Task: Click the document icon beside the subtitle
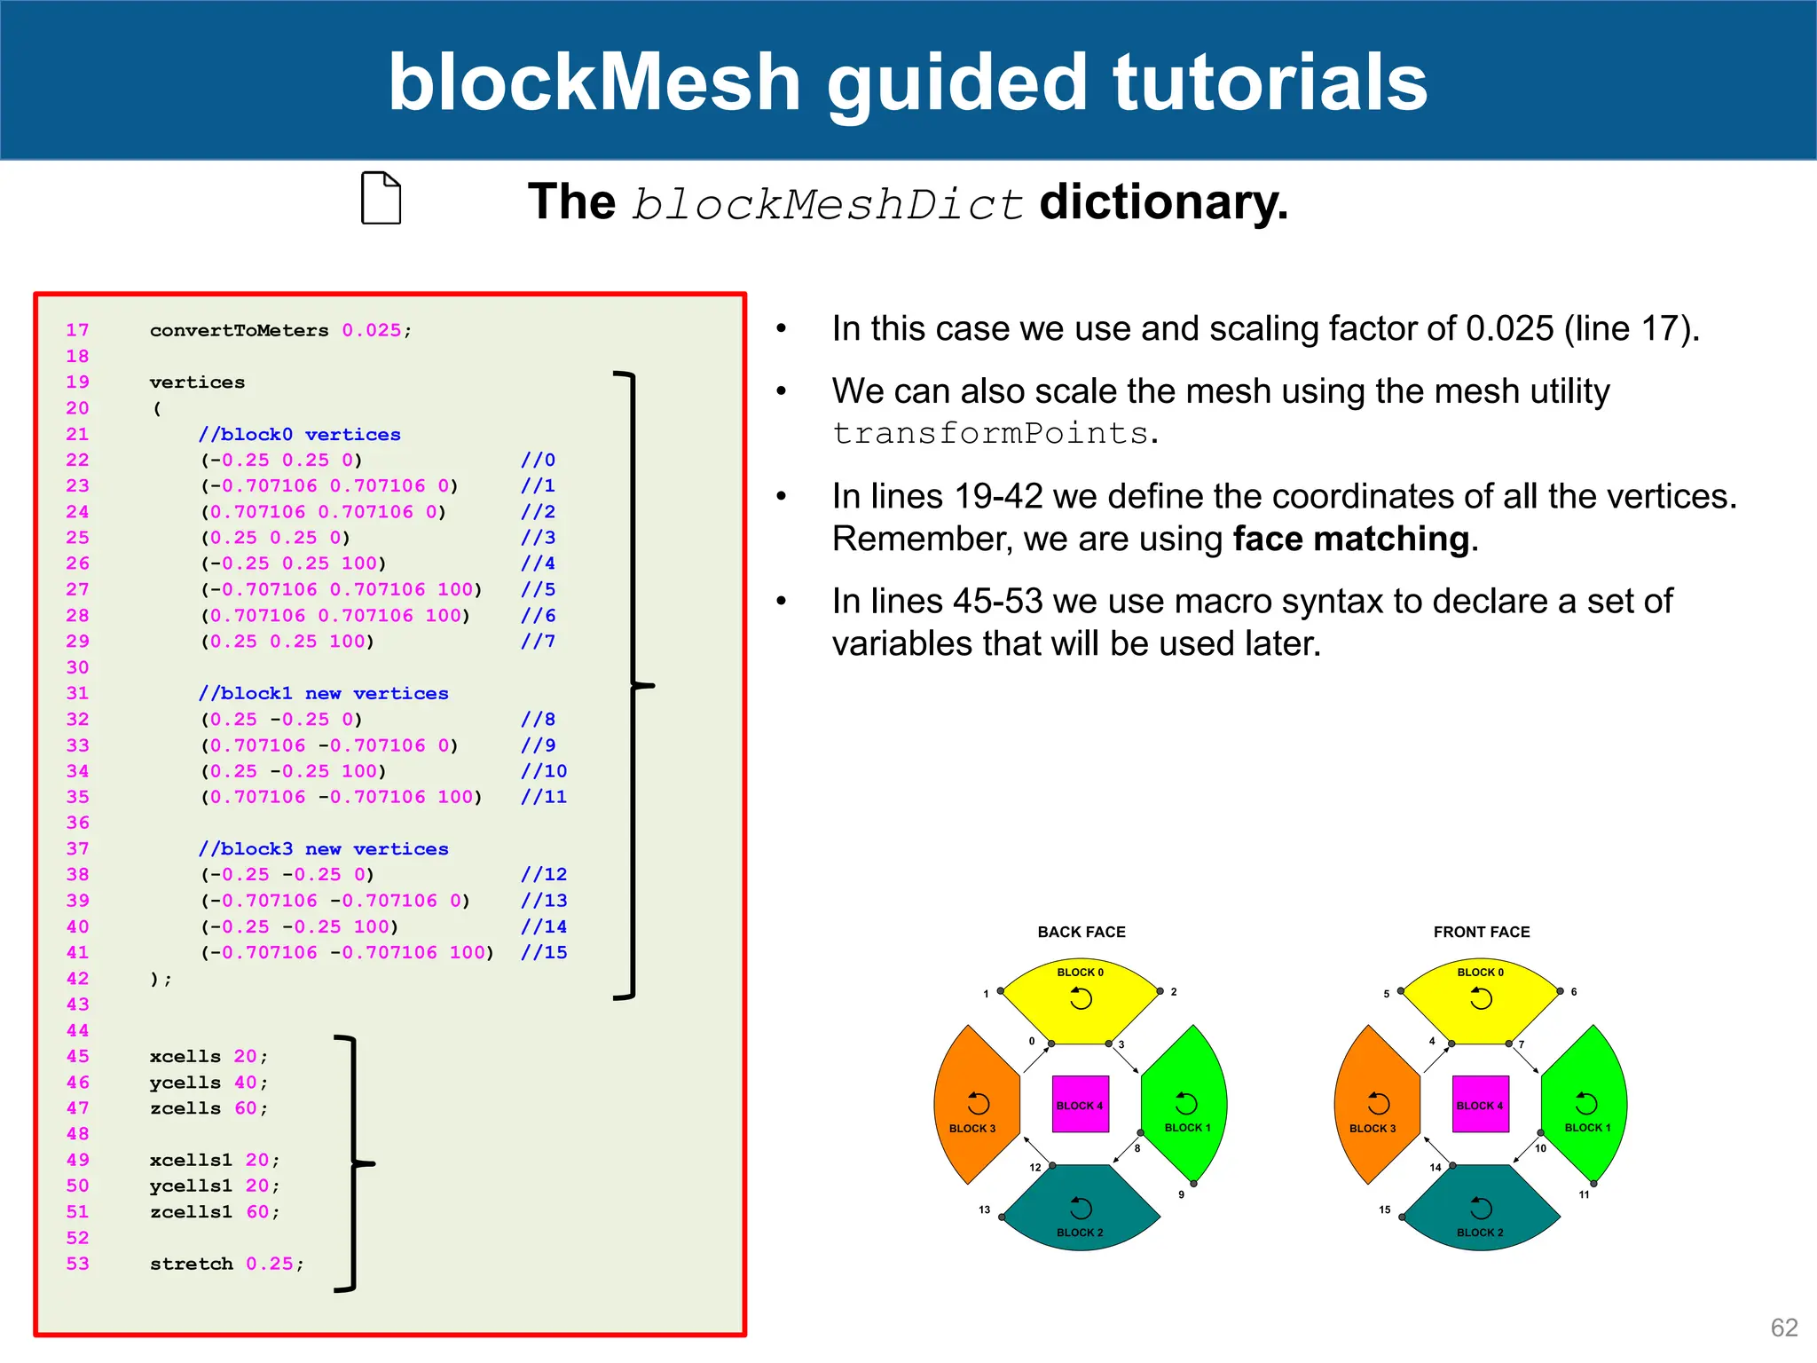tap(381, 198)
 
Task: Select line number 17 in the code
tap(77, 330)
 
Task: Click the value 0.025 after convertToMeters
tap(371, 330)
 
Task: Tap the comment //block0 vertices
tap(299, 434)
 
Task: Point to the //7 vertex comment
tap(538, 641)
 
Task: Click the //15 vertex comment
tap(543, 952)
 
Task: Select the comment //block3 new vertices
tap(323, 848)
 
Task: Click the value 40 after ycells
tap(245, 1082)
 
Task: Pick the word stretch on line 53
tap(191, 1264)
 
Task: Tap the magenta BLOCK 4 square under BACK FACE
tap(1080, 1104)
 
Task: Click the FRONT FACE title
tap(1481, 932)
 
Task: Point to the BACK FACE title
tap(1081, 932)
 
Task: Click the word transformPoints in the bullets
tap(990, 433)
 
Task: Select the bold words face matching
tap(1350, 539)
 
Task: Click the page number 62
tap(1783, 1328)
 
